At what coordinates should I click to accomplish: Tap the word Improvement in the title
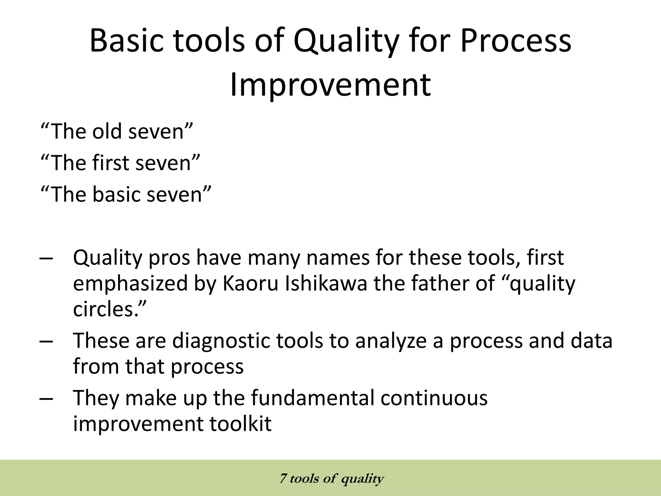(330, 85)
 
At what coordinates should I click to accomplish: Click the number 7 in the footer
(283, 478)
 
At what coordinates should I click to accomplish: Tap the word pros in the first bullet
(169, 258)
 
